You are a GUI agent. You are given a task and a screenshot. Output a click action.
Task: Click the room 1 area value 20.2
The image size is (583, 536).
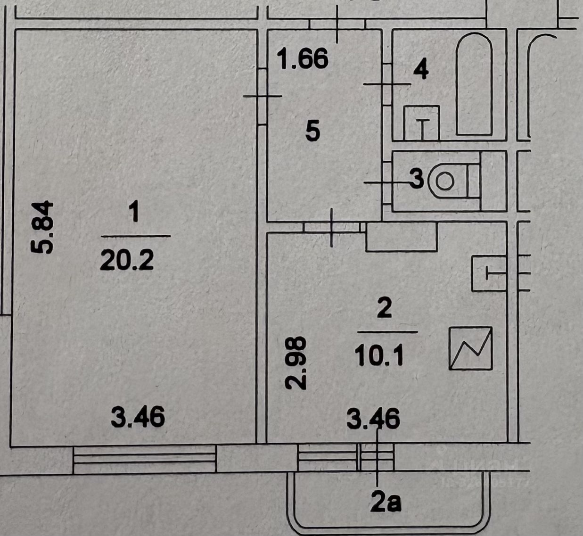[127, 260]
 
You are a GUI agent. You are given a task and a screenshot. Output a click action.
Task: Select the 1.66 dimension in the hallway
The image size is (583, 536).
[304, 60]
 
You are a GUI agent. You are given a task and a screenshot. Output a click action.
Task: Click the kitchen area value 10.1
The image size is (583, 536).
[379, 356]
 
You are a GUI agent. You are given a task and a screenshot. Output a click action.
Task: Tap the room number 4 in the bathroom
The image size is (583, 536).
[420, 70]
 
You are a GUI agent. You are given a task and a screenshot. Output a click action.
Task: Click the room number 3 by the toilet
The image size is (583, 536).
[416, 179]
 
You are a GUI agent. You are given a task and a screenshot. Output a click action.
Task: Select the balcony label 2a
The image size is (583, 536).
[386, 503]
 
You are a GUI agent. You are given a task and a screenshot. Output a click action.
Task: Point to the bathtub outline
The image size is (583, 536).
[474, 85]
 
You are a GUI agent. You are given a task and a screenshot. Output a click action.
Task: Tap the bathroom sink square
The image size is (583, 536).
[421, 123]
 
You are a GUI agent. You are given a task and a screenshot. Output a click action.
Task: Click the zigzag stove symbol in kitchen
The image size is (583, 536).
[471, 348]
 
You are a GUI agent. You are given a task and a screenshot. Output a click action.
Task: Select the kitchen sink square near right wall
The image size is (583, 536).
[489, 273]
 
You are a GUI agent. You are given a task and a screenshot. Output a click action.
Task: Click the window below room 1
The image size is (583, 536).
[144, 459]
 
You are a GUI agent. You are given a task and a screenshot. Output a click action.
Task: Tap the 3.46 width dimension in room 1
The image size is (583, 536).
[138, 418]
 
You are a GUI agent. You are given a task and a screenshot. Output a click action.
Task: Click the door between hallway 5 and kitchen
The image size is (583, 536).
[332, 227]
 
